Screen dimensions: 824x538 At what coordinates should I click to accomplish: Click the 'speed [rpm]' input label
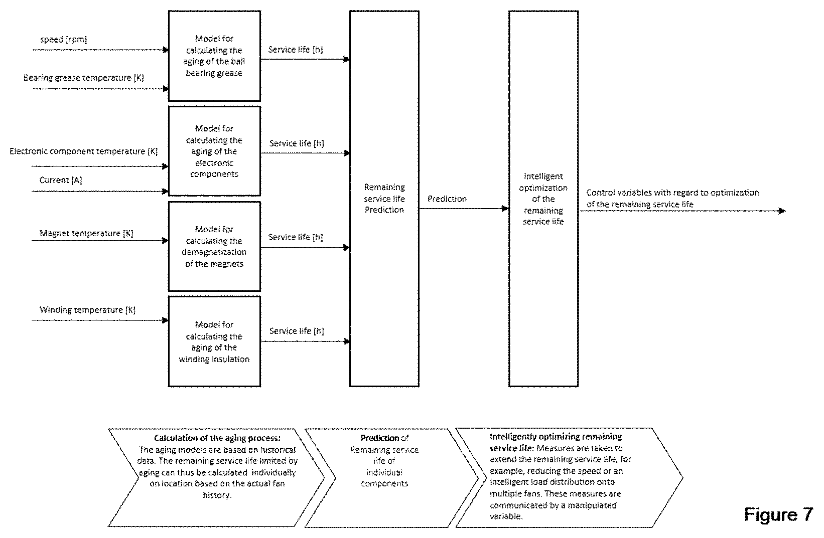64,39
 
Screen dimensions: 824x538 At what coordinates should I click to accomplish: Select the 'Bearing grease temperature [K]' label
84,78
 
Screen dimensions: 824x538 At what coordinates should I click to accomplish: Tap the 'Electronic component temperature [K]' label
83,151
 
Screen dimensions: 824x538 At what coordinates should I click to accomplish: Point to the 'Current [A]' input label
61,180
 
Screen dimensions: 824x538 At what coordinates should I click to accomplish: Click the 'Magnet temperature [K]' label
86,233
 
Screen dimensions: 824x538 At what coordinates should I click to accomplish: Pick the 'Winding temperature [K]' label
87,310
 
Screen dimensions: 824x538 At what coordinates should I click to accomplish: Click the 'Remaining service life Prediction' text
384,199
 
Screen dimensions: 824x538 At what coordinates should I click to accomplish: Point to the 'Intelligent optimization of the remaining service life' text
543,199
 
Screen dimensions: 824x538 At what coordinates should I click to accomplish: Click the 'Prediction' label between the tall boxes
447,199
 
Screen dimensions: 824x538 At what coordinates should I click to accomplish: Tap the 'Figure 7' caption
778,514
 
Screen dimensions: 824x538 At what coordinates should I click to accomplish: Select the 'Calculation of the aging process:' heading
217,438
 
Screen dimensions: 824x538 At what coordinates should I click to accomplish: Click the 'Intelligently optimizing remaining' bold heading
556,437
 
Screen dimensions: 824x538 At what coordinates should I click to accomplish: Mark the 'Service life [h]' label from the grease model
296,50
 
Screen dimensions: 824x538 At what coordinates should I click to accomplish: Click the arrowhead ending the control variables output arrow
782,211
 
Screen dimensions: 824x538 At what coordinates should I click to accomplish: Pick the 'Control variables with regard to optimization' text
672,193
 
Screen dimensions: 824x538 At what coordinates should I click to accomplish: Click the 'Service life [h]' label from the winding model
297,331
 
